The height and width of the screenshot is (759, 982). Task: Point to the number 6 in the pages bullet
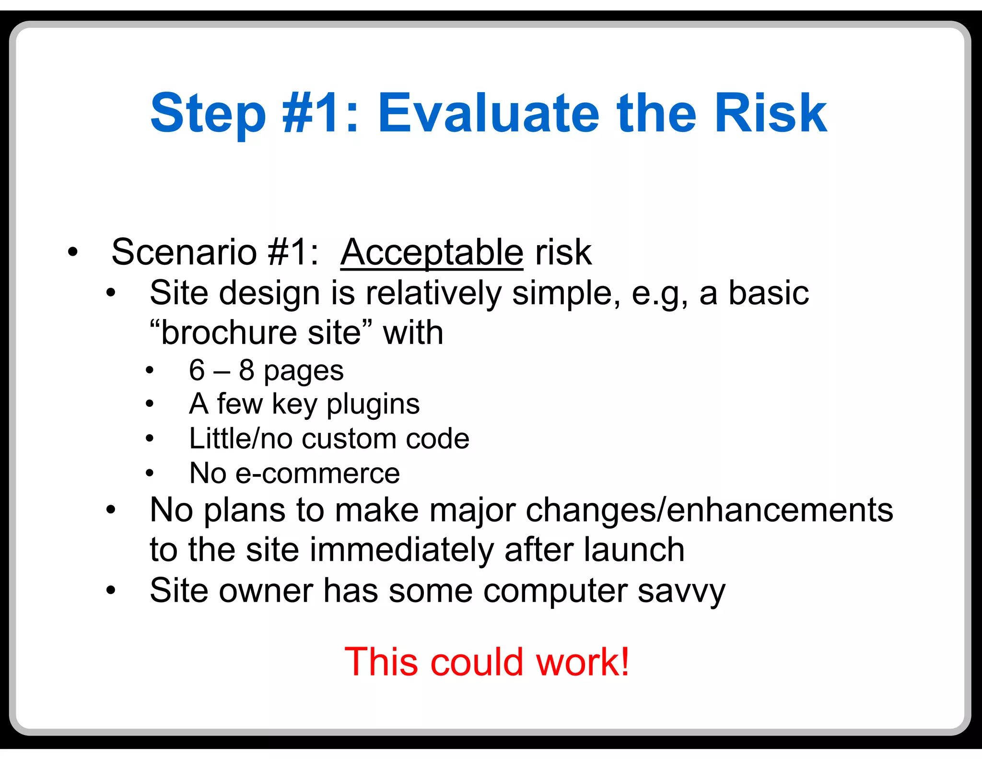197,370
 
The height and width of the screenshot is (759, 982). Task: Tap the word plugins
373,404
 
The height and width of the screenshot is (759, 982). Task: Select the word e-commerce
318,474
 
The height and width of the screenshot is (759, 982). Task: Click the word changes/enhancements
709,510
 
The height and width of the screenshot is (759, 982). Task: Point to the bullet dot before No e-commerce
150,474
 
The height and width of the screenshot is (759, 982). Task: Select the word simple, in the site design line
566,293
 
